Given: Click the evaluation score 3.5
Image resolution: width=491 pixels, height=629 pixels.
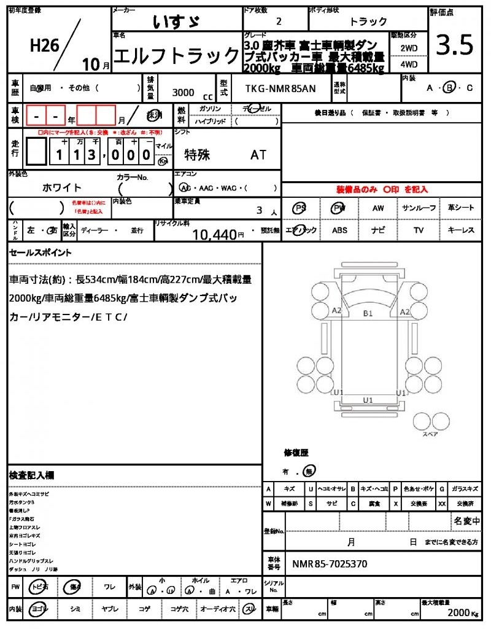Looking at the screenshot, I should pyautogui.click(x=455, y=45).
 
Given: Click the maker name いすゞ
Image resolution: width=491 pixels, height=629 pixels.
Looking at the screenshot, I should pyautogui.click(x=176, y=21).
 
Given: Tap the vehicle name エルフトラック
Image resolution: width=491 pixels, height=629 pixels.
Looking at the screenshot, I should pyautogui.click(x=177, y=57).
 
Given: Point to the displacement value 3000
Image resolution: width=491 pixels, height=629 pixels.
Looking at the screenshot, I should pyautogui.click(x=184, y=92).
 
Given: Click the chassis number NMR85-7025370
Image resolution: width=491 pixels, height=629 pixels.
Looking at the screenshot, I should pyautogui.click(x=330, y=564).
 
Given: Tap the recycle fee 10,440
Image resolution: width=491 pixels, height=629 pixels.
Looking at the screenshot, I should pyautogui.click(x=214, y=234).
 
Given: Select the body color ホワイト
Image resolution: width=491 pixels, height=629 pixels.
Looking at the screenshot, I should pyautogui.click(x=62, y=187).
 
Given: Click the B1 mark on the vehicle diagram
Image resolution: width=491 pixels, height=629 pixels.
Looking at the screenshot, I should pyautogui.click(x=368, y=313).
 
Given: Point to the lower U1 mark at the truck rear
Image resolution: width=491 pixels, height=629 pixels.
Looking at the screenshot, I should pyautogui.click(x=368, y=400).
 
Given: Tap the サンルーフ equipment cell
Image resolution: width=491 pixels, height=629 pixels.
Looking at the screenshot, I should pyautogui.click(x=419, y=208).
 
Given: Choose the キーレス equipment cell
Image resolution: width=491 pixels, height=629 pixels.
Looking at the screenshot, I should pyautogui.click(x=461, y=230).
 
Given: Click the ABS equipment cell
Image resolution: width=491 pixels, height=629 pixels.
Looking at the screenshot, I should pyautogui.click(x=339, y=230).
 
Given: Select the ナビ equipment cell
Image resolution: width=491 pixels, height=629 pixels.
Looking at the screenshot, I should pyautogui.click(x=379, y=230).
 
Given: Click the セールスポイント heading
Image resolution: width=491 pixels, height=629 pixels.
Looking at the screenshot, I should pyautogui.click(x=40, y=252).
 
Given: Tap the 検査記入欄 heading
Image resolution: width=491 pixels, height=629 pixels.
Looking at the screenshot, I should pyautogui.click(x=31, y=475).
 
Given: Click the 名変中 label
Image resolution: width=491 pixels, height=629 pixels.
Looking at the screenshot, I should pyautogui.click(x=466, y=521).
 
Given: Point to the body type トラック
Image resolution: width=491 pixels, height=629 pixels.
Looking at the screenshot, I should pyautogui.click(x=368, y=21).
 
